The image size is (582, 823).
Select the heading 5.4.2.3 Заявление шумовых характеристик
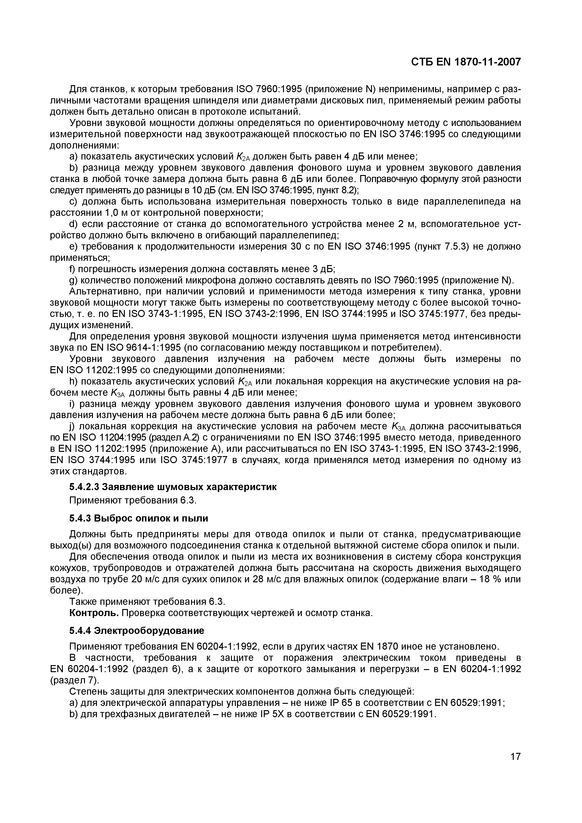pyautogui.click(x=173, y=487)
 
